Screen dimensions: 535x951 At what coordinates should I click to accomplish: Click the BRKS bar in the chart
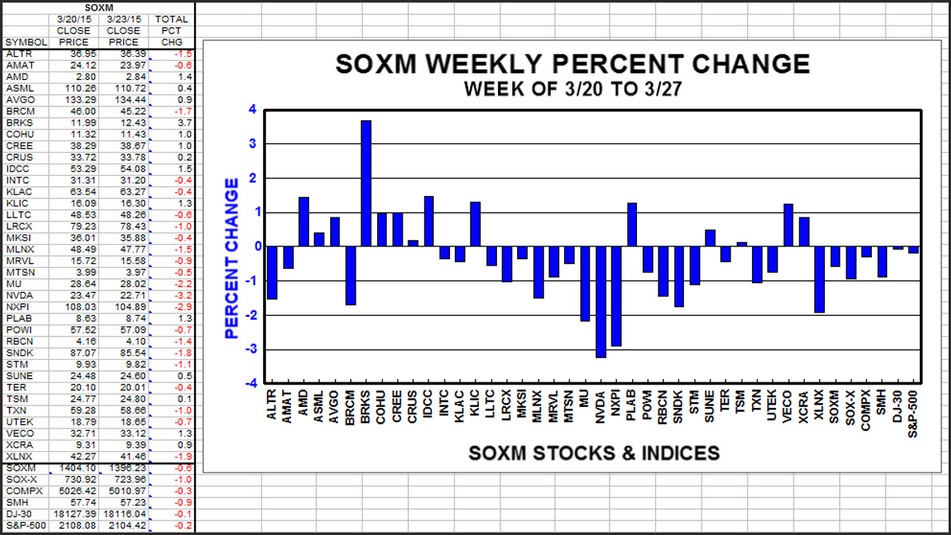click(x=366, y=183)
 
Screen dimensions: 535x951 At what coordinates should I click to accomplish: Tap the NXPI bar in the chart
click(x=616, y=296)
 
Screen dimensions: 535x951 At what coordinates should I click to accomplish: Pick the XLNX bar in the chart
click(x=820, y=279)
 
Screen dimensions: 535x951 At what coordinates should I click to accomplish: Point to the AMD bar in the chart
click(x=304, y=222)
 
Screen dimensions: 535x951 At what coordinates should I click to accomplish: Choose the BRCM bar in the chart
click(x=350, y=275)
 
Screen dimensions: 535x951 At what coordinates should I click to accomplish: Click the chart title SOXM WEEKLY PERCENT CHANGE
click(x=572, y=64)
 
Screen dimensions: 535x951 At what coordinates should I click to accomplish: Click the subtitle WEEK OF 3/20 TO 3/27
click(x=572, y=88)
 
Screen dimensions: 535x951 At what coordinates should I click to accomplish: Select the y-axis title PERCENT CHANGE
click(x=232, y=258)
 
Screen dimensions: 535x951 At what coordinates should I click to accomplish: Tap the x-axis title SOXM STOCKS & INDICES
click(x=593, y=453)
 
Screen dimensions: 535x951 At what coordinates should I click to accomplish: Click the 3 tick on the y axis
click(x=253, y=144)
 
